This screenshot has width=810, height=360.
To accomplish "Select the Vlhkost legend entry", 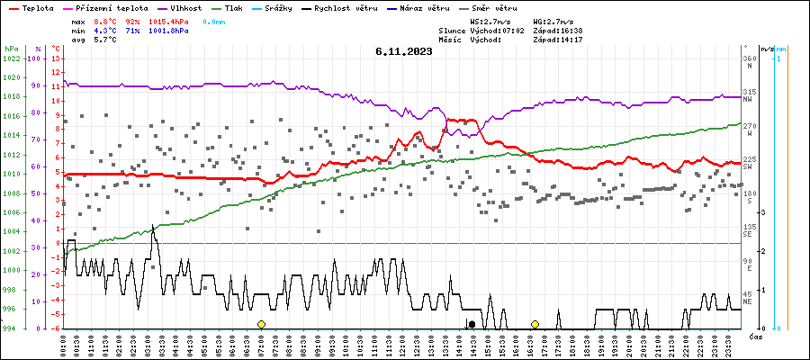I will coord(185,7).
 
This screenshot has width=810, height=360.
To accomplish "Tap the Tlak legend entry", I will coord(235,7).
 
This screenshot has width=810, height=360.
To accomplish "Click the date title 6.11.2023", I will coord(404,51).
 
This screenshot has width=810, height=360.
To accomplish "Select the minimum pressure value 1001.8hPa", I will coord(170,31).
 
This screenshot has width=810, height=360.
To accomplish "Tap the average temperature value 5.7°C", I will coord(105,41).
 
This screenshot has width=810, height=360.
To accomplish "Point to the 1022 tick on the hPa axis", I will coord(11,58).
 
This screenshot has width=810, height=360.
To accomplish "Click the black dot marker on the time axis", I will coord(471,324).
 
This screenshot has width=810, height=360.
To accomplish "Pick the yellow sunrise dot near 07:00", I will coord(261,324).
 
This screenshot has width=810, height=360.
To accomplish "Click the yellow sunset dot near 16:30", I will coord(535,324).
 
